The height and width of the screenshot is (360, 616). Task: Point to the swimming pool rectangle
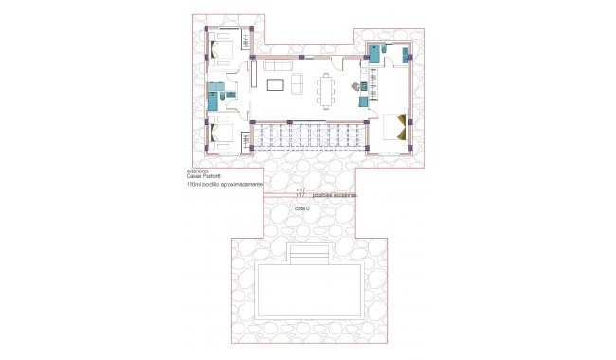pos(309,287)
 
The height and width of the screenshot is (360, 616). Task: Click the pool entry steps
pos(308,256)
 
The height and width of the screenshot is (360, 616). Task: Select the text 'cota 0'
pos(302,207)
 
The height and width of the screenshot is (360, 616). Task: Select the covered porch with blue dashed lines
pos(308,138)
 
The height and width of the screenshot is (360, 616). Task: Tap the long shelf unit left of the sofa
pos(253,74)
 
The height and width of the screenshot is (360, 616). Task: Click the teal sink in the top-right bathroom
pos(406,53)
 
